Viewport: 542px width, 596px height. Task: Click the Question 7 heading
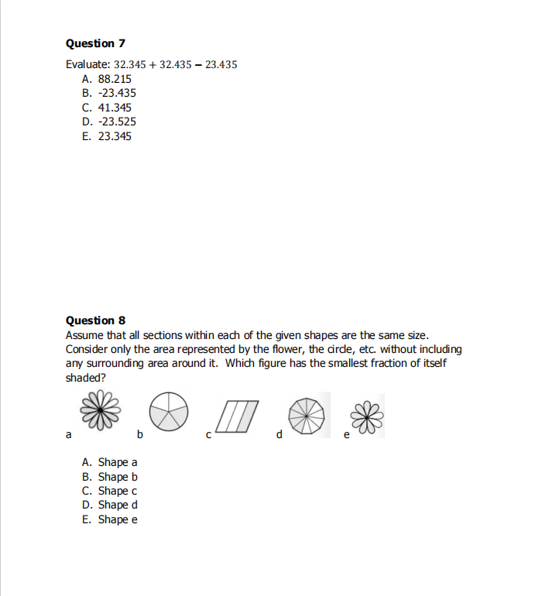(96, 43)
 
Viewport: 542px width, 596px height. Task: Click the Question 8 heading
(96, 320)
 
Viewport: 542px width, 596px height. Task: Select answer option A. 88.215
(107, 79)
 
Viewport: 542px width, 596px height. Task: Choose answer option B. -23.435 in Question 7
(109, 93)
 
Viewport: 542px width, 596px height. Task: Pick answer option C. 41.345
(107, 108)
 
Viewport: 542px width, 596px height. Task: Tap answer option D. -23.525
(109, 122)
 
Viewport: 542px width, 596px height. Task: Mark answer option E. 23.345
(107, 136)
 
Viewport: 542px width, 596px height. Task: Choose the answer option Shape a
(110, 463)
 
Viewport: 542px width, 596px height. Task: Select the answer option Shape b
(110, 477)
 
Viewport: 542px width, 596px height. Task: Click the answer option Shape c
(110, 491)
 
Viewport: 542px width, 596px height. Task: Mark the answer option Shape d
(110, 505)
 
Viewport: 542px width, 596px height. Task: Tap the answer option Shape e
(110, 519)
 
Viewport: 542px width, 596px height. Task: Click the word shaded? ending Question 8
(86, 377)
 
